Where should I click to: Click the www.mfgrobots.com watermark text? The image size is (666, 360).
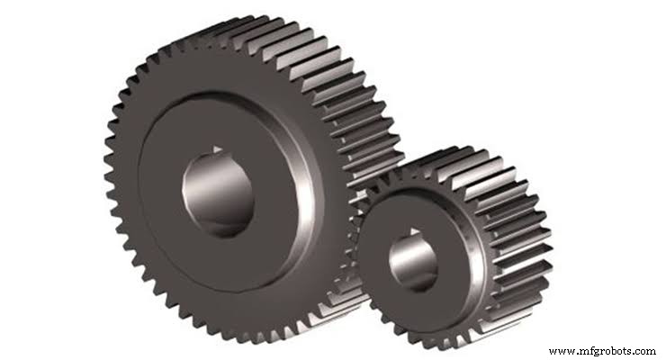[x=601, y=350]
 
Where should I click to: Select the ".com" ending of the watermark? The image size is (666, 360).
[x=644, y=350]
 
